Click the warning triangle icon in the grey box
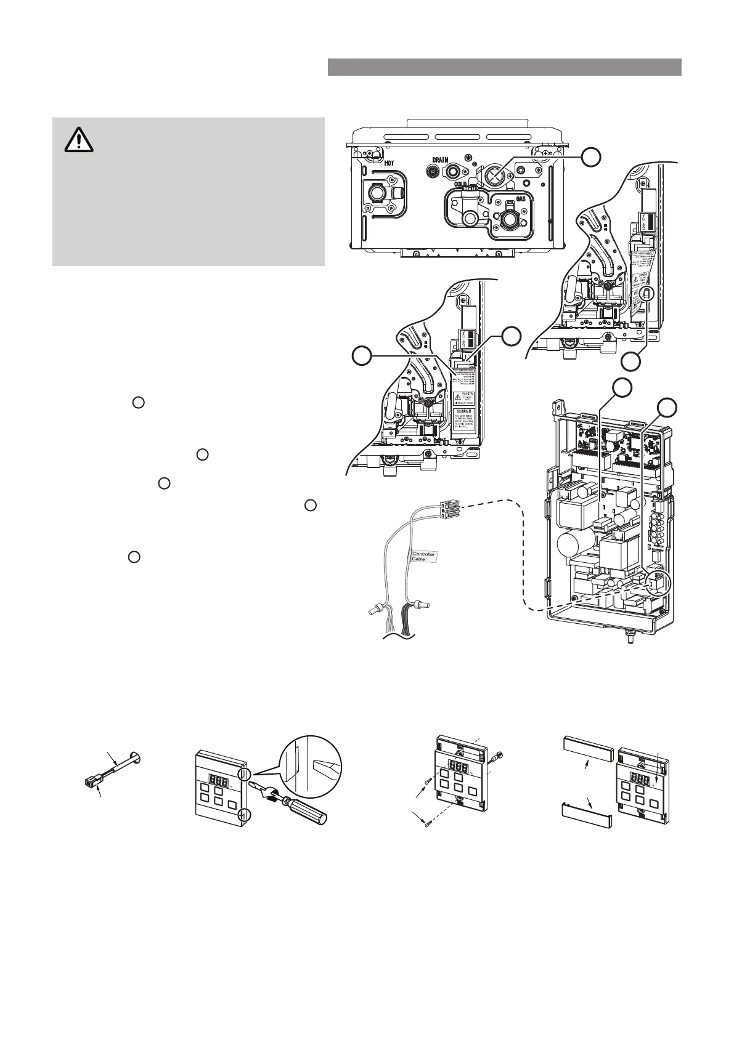click(x=79, y=141)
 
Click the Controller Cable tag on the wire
click(x=423, y=556)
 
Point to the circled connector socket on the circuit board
click(x=658, y=582)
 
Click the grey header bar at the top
click(x=504, y=67)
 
